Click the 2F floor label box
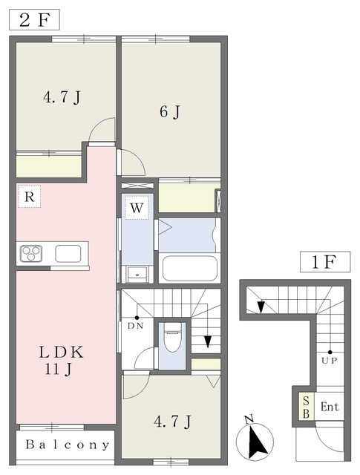tap(34, 20)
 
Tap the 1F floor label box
tap(325, 262)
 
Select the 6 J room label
tap(170, 112)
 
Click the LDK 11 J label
tap(61, 361)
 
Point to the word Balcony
tap(68, 445)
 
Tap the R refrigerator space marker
tap(30, 196)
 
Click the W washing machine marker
tap(137, 208)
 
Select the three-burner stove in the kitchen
tap(31, 254)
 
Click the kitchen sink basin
tap(68, 254)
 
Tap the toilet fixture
tap(172, 337)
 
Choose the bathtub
tap(190, 269)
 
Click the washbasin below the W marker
tap(137, 275)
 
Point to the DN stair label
tap(135, 326)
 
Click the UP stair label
tap(330, 361)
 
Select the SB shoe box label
tap(306, 407)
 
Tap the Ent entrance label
tap(330, 407)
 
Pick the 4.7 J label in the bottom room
tap(173, 422)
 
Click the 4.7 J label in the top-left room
tap(62, 97)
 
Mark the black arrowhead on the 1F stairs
tap(261, 307)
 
